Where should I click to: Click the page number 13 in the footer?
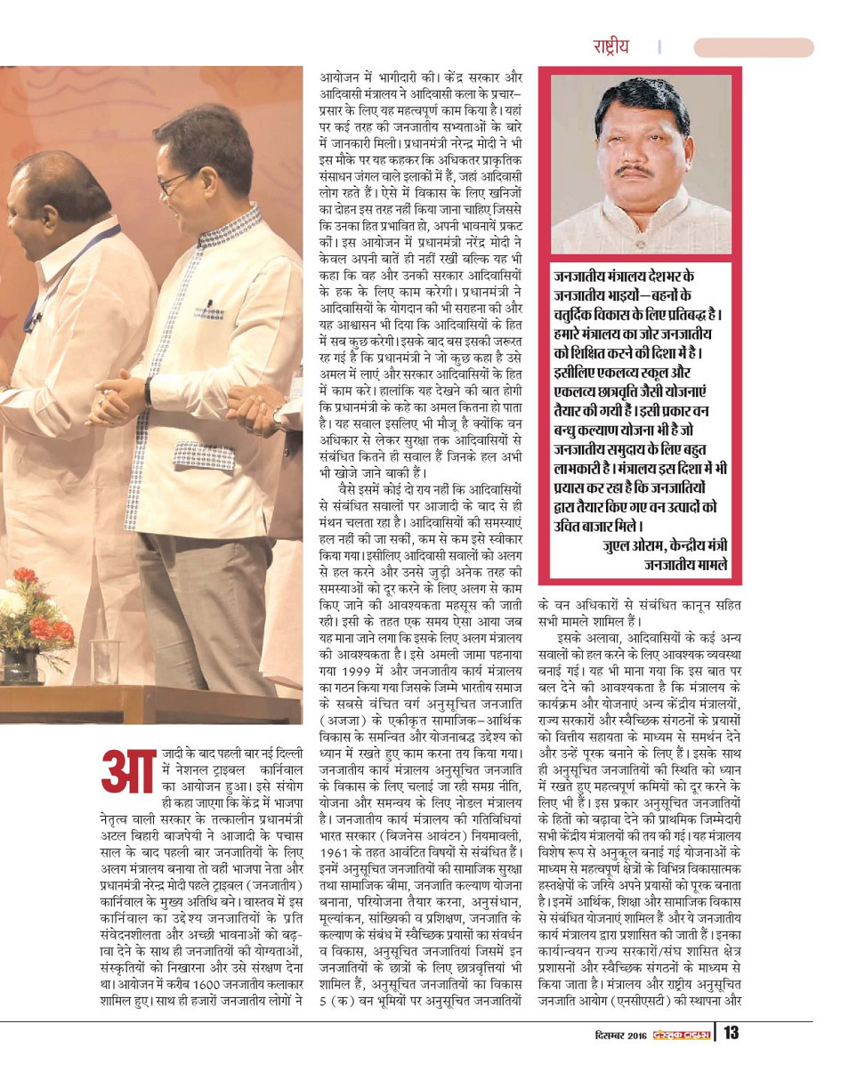732,1058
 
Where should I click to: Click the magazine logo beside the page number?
685,1059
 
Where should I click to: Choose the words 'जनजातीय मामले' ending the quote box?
684,564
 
